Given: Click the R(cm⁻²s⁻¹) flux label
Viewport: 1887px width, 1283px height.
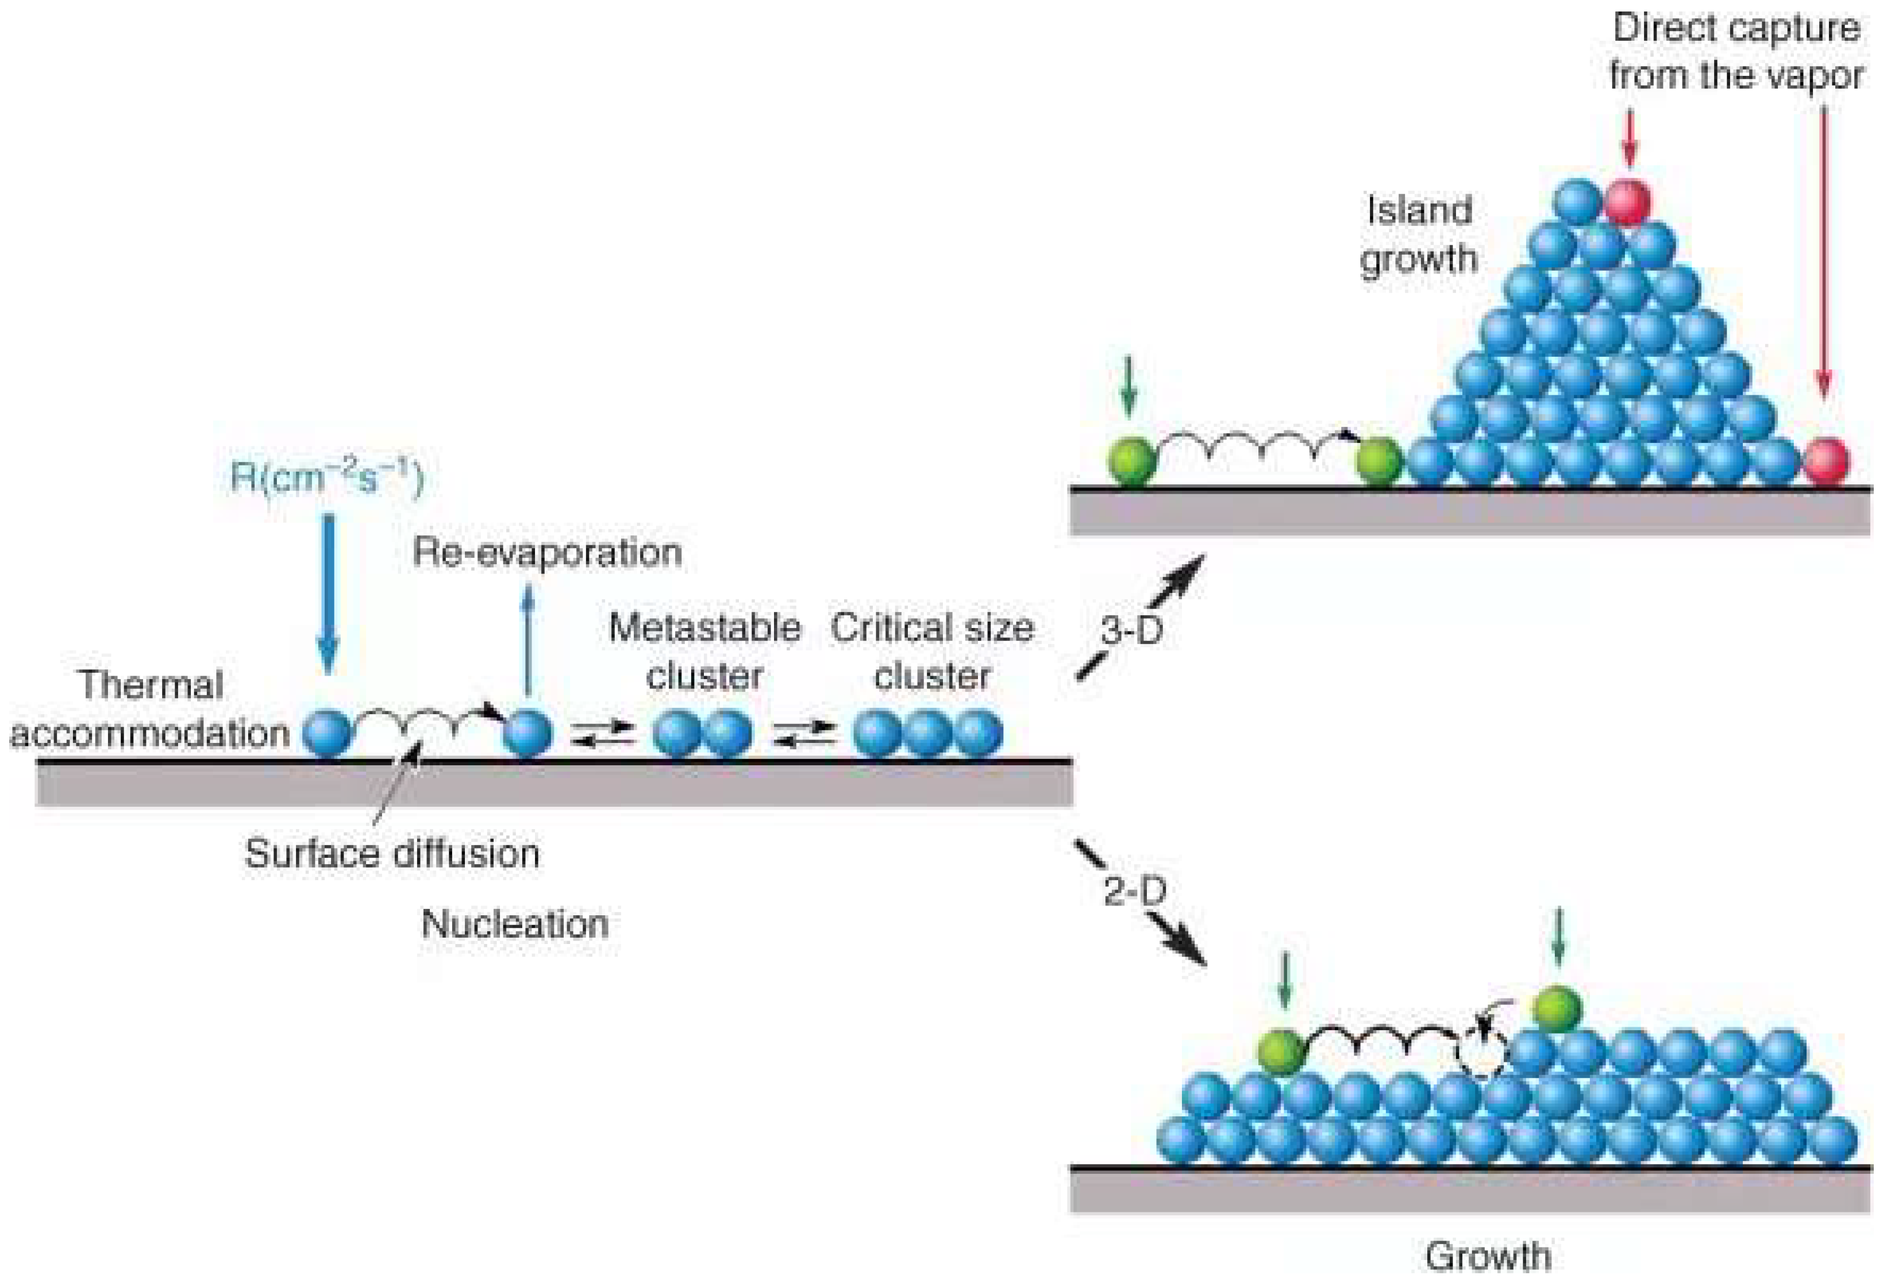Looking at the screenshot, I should (327, 477).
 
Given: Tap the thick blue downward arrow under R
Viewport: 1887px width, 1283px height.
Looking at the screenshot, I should (328, 593).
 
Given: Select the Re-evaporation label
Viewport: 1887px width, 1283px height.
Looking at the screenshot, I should (546, 553).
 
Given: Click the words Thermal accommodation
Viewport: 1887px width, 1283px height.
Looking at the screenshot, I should (150, 709).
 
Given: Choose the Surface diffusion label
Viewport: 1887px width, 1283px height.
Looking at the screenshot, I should (392, 853).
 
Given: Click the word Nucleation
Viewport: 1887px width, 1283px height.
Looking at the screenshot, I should (515, 924).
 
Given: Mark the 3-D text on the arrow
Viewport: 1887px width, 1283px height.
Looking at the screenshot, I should (1132, 630).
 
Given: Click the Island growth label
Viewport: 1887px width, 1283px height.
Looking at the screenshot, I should (1419, 234).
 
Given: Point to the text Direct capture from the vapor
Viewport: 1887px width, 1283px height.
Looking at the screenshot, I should (1736, 52).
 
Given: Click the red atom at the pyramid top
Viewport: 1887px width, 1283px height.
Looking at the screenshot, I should (1627, 201).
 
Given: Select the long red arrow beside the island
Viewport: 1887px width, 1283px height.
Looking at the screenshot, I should (1824, 252).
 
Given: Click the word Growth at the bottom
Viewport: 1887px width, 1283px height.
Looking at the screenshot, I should (1488, 1256).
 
